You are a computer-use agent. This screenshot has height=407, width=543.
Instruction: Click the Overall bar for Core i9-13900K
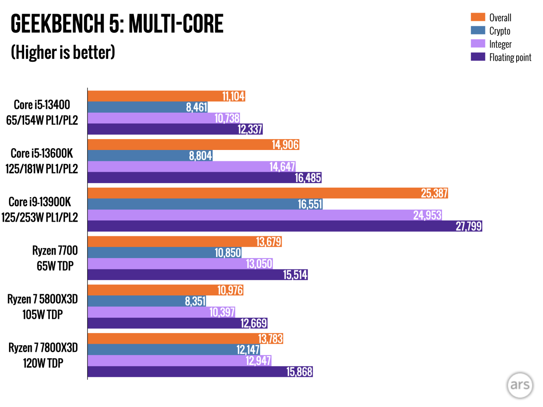coord(268,193)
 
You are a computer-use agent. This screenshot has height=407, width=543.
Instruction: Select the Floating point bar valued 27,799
coord(285,226)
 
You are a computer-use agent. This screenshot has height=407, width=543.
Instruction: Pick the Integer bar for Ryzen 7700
coord(180,264)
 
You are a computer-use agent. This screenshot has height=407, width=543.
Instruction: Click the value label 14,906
coord(285,145)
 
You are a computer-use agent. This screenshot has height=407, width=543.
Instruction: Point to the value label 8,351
coord(195,301)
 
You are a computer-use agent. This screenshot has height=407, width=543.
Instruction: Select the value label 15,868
coord(299,372)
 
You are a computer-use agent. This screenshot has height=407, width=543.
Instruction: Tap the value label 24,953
coord(427,215)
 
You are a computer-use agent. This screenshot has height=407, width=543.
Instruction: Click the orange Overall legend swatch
coord(478,17)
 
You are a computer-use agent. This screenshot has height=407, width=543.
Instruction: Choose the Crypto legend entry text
coord(500,31)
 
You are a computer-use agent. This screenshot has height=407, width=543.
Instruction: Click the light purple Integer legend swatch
coord(478,44)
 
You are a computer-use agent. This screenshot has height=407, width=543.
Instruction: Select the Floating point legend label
coord(510,57)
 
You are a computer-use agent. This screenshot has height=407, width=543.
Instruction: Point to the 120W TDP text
coord(43,363)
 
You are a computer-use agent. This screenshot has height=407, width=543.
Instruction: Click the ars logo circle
coord(520,385)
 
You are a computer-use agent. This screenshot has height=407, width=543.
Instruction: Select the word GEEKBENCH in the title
coord(57,24)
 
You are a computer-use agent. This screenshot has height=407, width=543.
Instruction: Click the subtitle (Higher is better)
coord(63,52)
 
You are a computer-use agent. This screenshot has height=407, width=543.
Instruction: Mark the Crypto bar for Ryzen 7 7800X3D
coord(173,350)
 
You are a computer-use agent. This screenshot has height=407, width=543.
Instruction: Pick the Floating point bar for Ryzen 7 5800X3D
coord(177,323)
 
